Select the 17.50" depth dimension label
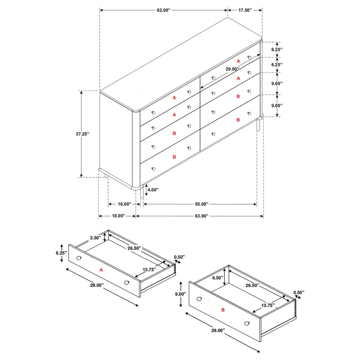[245, 10]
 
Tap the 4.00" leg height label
[153, 190]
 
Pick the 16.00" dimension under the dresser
[121, 204]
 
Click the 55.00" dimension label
[200, 204]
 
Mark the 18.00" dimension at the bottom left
[117, 216]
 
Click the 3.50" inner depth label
[95, 238]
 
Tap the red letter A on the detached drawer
[101, 269]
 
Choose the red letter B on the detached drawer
[223, 310]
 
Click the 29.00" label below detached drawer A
[96, 285]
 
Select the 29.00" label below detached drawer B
[218, 330]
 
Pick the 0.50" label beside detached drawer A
[179, 257]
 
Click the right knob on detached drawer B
[247, 322]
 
